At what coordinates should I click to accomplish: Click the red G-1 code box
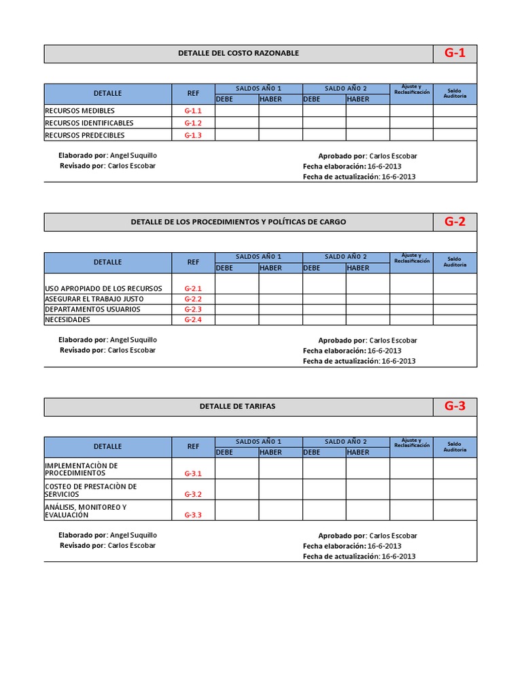point(455,54)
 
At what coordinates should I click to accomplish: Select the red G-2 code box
point(455,222)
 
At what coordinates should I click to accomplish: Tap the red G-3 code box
point(455,406)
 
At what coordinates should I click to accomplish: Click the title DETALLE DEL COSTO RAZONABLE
point(238,54)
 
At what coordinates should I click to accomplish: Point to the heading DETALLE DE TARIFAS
point(238,406)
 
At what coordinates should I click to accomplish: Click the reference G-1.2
point(193,123)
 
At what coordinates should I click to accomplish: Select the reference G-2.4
point(193,319)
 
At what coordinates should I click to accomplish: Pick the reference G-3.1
point(193,473)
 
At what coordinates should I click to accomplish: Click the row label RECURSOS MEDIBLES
point(80,111)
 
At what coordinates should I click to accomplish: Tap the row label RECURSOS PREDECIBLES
point(84,135)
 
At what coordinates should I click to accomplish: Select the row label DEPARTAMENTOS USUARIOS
point(92,309)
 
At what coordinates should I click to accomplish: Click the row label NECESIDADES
point(67,319)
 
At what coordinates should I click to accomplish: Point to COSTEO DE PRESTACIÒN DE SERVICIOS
point(90,490)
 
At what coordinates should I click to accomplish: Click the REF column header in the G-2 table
point(193,262)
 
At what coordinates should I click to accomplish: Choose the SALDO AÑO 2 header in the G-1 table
point(345,89)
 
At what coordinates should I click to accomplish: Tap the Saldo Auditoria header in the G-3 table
point(455,447)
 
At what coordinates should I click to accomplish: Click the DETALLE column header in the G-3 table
point(107,447)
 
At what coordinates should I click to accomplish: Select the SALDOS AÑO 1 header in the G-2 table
point(258,257)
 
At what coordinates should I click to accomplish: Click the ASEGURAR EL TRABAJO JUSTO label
point(94,299)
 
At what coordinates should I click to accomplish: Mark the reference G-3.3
point(193,515)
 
